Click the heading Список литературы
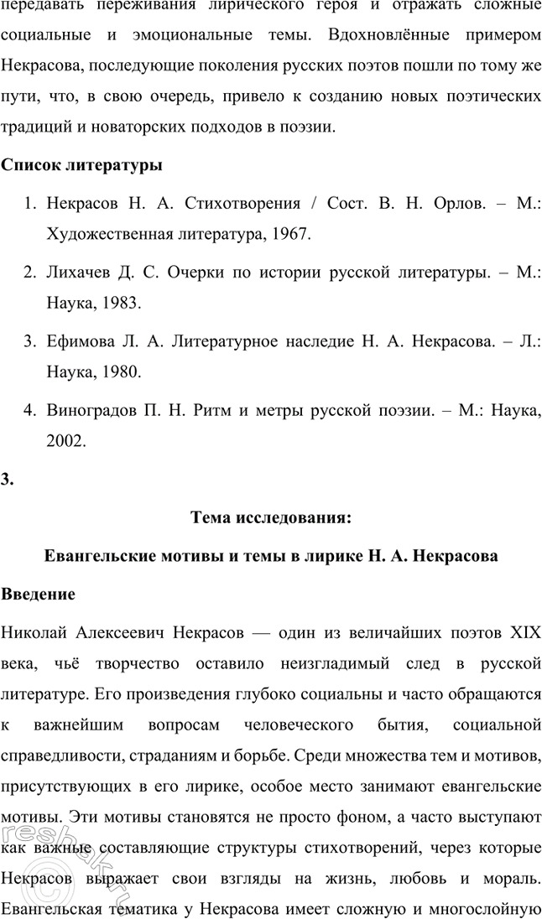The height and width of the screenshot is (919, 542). click(x=81, y=165)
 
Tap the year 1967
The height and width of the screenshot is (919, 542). click(x=290, y=236)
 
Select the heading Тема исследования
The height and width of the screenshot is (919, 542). click(x=270, y=518)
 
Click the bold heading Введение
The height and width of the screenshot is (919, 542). click(x=39, y=594)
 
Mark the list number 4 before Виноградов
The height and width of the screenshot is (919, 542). click(x=29, y=410)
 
